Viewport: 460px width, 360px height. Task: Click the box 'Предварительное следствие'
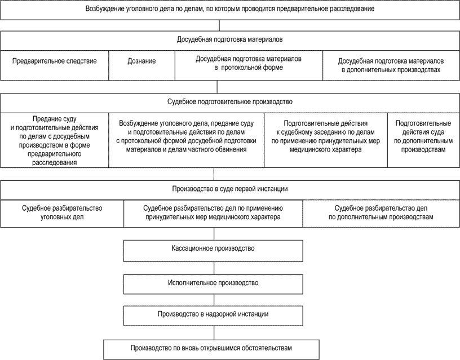[54, 61]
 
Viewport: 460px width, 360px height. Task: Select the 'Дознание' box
[141, 61]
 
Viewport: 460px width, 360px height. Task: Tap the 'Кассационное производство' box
[217, 248]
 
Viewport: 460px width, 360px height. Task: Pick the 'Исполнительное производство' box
[217, 282]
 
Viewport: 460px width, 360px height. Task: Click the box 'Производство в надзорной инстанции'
[217, 314]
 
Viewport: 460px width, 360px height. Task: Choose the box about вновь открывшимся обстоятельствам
[217, 347]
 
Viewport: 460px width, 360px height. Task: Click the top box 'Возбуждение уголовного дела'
[230, 10]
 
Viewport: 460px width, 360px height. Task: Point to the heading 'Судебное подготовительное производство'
[230, 103]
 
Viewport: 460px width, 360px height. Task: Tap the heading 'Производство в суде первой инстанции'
[230, 189]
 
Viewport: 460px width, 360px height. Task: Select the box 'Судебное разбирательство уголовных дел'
[62, 212]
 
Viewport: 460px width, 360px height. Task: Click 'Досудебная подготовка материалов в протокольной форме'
[249, 63]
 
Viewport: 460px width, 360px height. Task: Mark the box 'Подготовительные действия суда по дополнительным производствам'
[423, 137]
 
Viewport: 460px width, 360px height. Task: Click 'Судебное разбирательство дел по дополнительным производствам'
[382, 212]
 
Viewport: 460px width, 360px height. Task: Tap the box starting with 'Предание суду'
[55, 141]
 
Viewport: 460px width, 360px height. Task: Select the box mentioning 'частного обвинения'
[187, 136]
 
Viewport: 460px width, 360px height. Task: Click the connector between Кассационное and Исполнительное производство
[217, 268]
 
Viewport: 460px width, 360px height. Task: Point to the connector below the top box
[219, 25]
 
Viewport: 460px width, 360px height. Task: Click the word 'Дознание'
[141, 61]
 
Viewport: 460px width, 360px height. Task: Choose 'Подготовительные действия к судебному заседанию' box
[326, 136]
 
